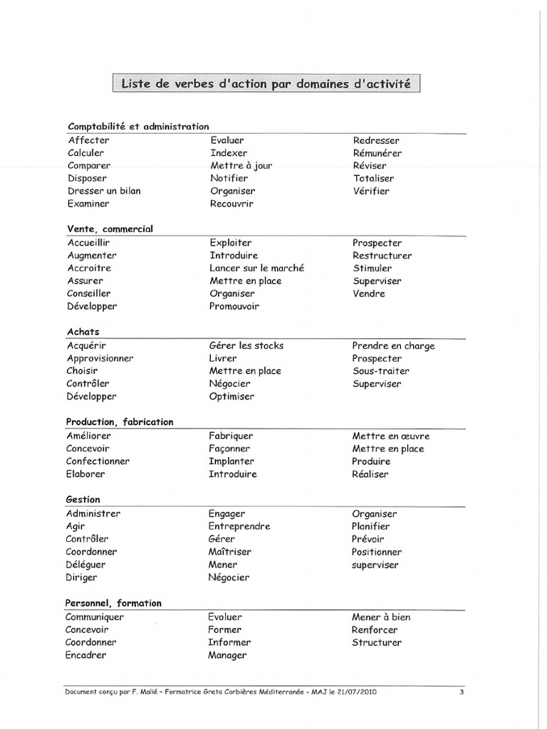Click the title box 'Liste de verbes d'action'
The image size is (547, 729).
[x=266, y=84]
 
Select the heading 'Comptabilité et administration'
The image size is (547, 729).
[x=138, y=126]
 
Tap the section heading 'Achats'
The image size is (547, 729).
[x=83, y=332]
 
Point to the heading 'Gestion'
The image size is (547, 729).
[x=83, y=500]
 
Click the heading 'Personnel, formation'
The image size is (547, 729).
[x=114, y=603]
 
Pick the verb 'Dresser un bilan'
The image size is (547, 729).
[x=104, y=191]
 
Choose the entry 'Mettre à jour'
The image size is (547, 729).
[x=241, y=166]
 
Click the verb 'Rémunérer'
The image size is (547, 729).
[x=377, y=153]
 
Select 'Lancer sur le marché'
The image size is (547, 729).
[x=256, y=268]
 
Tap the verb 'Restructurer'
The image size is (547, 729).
[x=382, y=256]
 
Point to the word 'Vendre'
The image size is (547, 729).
[x=368, y=293]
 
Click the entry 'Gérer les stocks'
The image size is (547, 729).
[x=246, y=346]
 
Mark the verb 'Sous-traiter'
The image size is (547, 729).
[x=380, y=371]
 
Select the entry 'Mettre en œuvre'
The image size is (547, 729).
[x=390, y=436]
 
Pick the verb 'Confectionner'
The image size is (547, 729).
[x=98, y=461]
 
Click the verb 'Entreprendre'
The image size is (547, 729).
[x=239, y=527]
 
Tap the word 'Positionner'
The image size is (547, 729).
[x=377, y=552]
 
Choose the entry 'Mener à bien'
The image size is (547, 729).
[x=381, y=617]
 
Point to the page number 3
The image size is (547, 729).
[x=462, y=691]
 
